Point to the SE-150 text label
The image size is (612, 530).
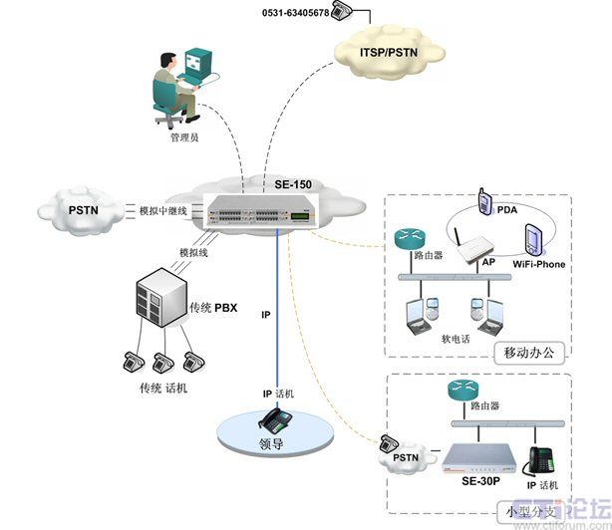pyautogui.click(x=295, y=185)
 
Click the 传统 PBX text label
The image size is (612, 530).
pyautogui.click(x=213, y=308)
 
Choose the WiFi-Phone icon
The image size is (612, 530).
pyautogui.click(x=532, y=242)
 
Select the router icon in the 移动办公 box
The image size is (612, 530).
pyautogui.click(x=409, y=239)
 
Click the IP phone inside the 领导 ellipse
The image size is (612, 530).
pyautogui.click(x=272, y=418)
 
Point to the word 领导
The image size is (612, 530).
pyautogui.click(x=271, y=444)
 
